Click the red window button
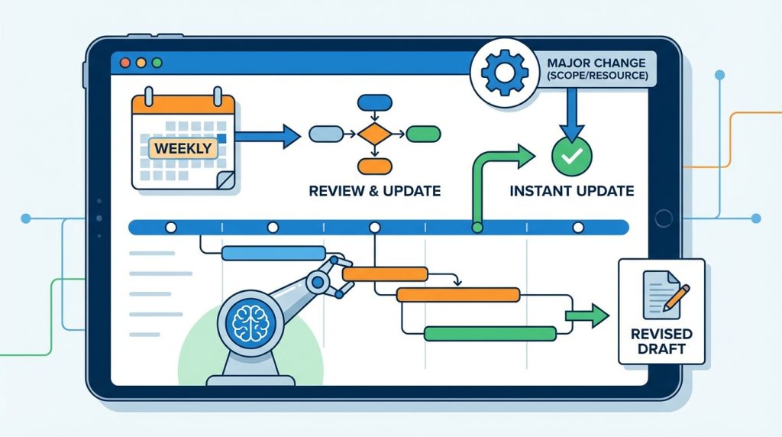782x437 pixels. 125,63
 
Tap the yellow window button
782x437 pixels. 141,63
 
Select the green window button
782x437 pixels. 157,63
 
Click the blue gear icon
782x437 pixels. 504,73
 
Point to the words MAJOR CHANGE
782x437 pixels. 596,63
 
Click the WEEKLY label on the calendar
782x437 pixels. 183,148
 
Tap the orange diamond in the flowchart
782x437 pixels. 374,134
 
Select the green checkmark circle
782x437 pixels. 571,157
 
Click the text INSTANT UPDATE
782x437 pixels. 571,190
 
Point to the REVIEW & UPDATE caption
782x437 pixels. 374,190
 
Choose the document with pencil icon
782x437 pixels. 665,295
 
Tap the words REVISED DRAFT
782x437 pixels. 661,342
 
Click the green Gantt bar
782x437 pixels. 490,334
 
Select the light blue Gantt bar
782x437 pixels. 273,253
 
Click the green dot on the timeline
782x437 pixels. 477,228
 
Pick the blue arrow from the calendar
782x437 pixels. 267,136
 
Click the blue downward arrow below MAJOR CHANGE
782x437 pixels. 571,114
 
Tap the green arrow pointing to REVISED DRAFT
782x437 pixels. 587,316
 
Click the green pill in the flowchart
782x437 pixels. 423,134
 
